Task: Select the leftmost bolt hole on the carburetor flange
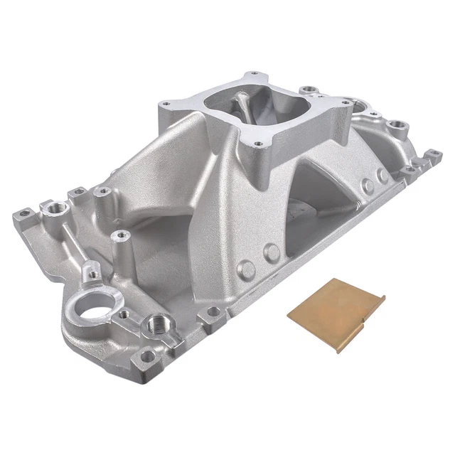point(165,105)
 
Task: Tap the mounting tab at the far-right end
point(432,154)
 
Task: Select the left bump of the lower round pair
point(247,268)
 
